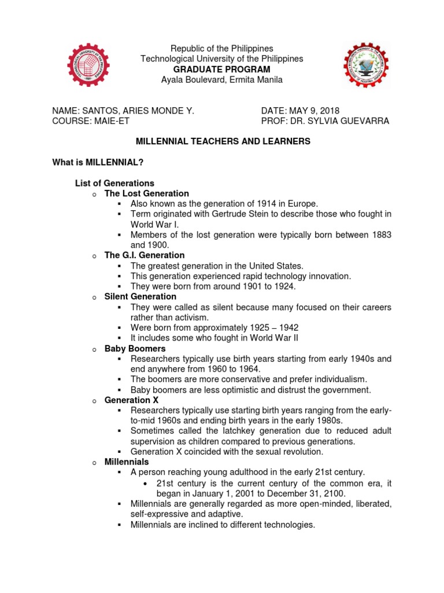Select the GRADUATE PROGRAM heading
point(222,69)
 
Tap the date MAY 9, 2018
point(317,111)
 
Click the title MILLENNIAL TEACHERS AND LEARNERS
point(223,141)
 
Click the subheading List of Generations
point(114,183)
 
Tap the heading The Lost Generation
point(146,193)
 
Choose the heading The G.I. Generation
point(145,255)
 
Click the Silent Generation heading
point(140,296)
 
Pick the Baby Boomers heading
point(135,349)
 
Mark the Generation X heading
point(131,400)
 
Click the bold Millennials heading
point(127,462)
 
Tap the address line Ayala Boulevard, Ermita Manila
point(222,80)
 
